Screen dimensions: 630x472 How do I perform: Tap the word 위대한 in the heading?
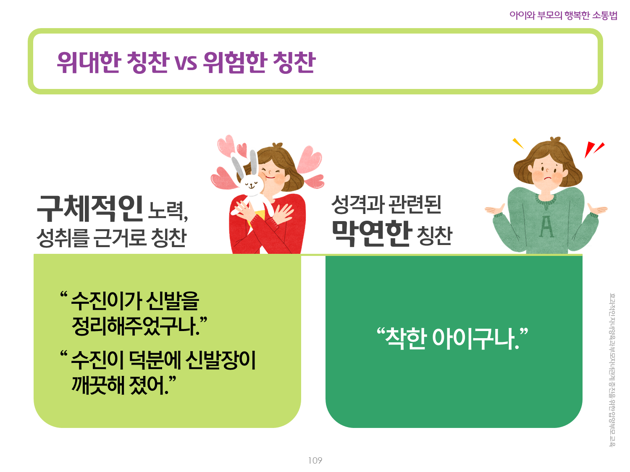[x=89, y=62]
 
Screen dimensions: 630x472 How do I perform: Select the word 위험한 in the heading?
[x=235, y=62]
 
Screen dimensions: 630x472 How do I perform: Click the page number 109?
[x=315, y=460]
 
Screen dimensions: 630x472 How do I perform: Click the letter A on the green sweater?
[x=546, y=227]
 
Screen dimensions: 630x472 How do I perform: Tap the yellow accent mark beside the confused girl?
[x=518, y=143]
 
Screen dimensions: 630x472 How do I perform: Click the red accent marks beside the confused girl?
[x=594, y=149]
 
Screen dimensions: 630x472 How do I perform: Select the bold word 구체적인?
[x=90, y=208]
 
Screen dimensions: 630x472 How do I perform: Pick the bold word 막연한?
[x=370, y=233]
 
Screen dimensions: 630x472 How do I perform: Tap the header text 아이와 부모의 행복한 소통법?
[x=563, y=15]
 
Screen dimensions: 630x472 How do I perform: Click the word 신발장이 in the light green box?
[x=220, y=360]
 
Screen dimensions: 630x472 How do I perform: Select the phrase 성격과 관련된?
[x=386, y=204]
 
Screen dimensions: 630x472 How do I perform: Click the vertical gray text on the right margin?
[x=612, y=370]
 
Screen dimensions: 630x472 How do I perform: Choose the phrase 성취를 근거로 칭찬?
[x=112, y=238]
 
